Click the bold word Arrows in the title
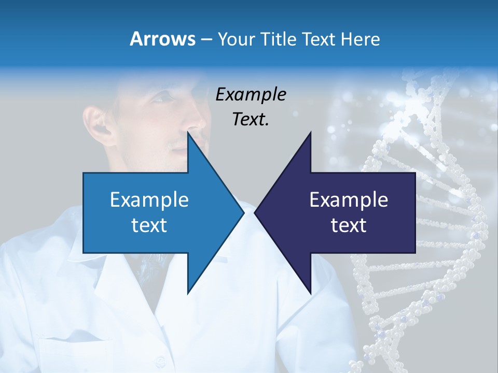162,39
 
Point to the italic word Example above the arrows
251,95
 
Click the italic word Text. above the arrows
251,120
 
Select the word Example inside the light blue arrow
149,200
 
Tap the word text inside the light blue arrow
149,225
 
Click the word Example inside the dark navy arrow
349,200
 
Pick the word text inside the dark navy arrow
349,225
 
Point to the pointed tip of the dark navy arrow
255,212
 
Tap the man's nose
196,124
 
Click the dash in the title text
206,39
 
